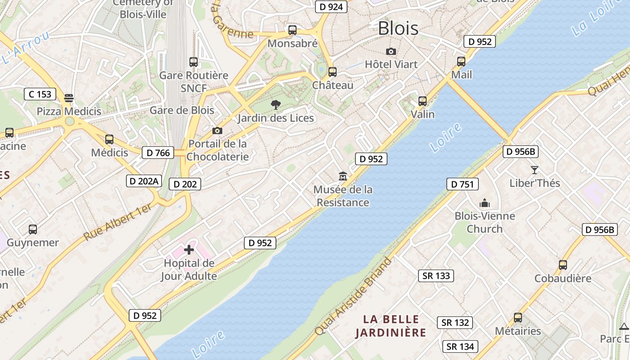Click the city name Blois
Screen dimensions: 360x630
tap(398, 28)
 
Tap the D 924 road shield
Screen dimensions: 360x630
tap(331, 7)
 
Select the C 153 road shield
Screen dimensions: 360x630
tap(40, 94)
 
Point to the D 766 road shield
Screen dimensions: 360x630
tap(158, 153)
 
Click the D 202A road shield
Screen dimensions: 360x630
tap(144, 181)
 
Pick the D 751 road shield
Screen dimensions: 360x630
tap(462, 184)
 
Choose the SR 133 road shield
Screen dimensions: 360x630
tap(436, 276)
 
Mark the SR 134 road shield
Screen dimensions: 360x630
tap(460, 346)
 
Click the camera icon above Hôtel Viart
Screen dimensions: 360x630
tap(391, 52)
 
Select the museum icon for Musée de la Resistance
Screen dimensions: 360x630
tap(343, 176)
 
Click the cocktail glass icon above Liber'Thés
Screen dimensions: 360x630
tap(535, 170)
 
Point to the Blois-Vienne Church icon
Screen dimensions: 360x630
tap(485, 203)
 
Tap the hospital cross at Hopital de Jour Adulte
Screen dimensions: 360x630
tap(189, 250)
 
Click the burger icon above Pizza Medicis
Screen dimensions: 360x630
tap(69, 98)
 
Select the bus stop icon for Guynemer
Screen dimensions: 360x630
tap(33, 229)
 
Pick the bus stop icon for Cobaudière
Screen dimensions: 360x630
tap(563, 265)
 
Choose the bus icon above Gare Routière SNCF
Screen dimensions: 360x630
tap(193, 62)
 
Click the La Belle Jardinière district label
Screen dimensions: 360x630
tap(390, 326)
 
